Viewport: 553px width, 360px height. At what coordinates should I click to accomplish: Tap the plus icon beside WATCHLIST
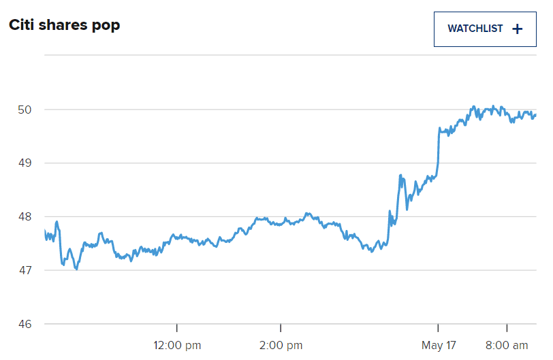pyautogui.click(x=517, y=29)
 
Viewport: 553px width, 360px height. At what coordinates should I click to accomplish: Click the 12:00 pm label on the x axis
pyautogui.click(x=176, y=346)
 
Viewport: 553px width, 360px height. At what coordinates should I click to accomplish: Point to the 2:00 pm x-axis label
pyautogui.click(x=281, y=346)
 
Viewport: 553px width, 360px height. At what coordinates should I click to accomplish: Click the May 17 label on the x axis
pyautogui.click(x=438, y=346)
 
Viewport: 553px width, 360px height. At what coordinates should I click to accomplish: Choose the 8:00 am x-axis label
pyautogui.click(x=507, y=346)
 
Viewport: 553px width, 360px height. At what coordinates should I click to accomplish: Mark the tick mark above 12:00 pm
pyautogui.click(x=177, y=328)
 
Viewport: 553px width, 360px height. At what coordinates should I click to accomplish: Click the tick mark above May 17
pyautogui.click(x=438, y=328)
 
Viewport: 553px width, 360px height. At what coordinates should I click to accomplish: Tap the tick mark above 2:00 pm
pyautogui.click(x=281, y=328)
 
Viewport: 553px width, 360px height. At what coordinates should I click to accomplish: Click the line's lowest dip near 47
pyautogui.click(x=76, y=269)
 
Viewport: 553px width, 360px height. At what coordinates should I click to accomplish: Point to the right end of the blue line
pyautogui.click(x=535, y=115)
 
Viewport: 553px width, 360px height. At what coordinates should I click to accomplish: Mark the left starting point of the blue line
pyautogui.click(x=45, y=231)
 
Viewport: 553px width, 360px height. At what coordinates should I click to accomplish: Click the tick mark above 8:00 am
pyautogui.click(x=507, y=328)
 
